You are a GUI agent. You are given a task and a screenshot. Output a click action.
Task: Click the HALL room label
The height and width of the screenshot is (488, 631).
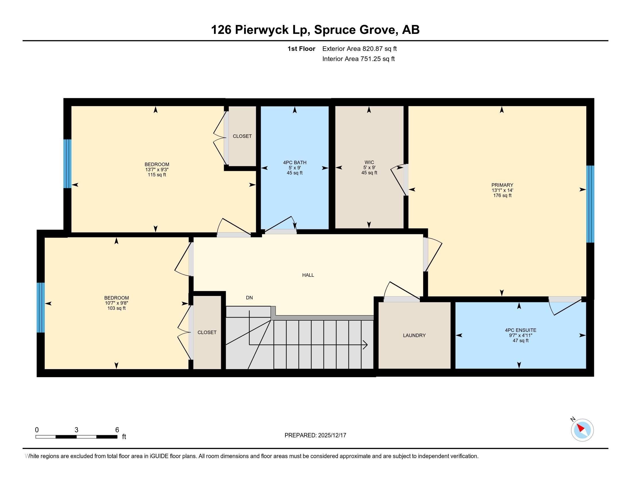pos(308,275)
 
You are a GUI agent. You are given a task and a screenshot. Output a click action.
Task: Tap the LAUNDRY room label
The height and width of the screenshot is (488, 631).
pos(414,335)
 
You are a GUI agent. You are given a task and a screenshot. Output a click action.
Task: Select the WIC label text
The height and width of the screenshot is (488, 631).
pos(369,162)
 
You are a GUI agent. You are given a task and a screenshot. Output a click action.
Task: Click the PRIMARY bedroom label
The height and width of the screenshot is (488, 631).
pos(502,185)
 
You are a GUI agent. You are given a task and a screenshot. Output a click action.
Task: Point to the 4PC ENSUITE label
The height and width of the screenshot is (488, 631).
pos(520,330)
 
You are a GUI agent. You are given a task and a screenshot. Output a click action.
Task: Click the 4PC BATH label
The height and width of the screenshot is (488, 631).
pos(294,162)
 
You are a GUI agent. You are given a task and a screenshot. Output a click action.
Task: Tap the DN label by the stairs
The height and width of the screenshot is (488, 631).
pos(249,297)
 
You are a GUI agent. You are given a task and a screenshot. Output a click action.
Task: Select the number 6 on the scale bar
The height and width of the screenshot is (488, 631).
pos(117,430)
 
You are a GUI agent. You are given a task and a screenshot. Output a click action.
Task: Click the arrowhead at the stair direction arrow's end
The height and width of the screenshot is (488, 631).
pos(366,344)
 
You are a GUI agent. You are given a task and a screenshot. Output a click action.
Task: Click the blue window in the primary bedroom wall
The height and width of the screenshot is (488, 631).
pos(590,204)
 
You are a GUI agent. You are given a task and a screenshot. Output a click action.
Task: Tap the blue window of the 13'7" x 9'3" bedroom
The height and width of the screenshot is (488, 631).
pos(67,164)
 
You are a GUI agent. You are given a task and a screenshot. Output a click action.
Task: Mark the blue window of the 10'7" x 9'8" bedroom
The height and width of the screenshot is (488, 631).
pos(41,307)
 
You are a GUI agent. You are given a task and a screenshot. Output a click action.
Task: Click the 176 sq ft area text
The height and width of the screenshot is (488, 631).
pos(502,195)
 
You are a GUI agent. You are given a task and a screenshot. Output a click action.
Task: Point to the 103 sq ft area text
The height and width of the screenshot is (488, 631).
pos(116,308)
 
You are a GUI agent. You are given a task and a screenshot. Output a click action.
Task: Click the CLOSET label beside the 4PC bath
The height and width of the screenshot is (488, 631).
pos(242,136)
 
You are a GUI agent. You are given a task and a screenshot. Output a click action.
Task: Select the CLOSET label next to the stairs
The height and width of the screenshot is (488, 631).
pos(207,332)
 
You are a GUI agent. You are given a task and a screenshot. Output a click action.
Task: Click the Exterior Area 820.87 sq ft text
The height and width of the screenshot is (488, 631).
pos(359,49)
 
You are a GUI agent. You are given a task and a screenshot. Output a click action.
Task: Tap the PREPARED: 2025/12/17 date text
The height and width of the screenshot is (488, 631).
pos(315,435)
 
